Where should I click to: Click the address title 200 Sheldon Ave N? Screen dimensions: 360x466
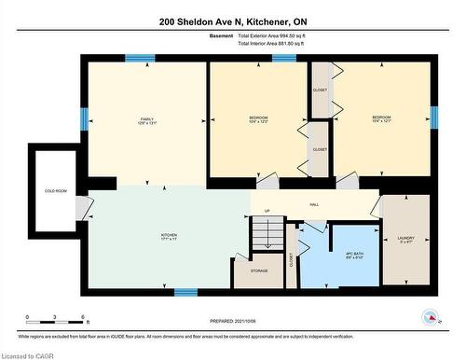click(232, 21)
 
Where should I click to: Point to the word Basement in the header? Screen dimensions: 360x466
click(221, 35)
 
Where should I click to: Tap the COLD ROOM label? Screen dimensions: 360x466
click(56, 191)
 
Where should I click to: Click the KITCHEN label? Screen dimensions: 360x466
click(169, 237)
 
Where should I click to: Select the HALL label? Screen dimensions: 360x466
click(314, 205)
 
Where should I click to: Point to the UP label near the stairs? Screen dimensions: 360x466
click(267, 211)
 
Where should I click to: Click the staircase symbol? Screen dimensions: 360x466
click(266, 233)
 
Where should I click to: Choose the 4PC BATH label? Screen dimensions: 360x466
click(340, 256)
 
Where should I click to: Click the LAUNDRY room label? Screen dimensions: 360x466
click(405, 240)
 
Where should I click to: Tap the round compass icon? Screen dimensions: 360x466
click(430, 317)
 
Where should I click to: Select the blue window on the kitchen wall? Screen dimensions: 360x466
click(185, 292)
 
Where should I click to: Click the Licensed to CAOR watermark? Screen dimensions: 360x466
click(29, 354)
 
